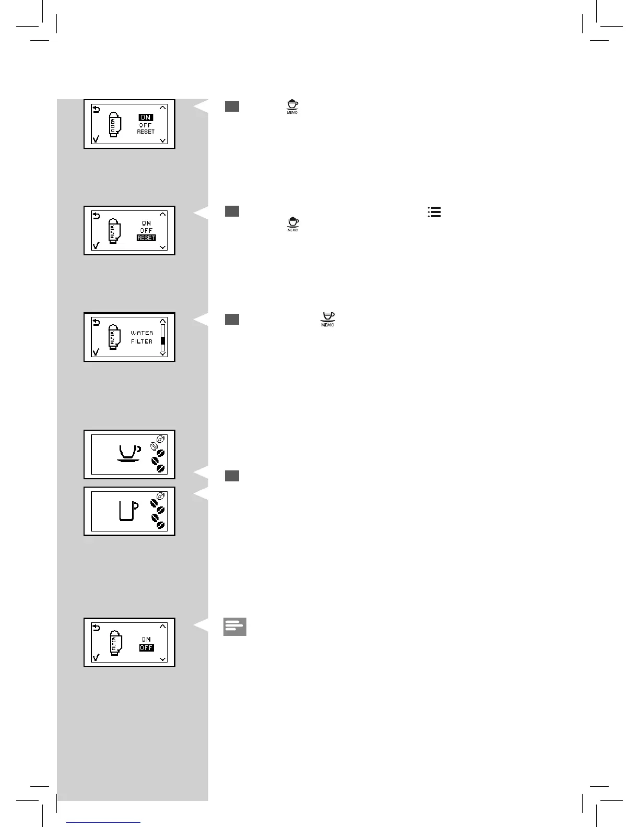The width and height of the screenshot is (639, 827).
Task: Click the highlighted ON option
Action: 146,117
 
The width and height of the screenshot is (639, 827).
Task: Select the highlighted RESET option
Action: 146,238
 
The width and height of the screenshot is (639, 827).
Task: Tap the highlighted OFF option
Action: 146,648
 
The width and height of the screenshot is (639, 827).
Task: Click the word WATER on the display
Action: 142,333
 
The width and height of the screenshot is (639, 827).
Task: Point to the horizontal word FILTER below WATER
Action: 142,341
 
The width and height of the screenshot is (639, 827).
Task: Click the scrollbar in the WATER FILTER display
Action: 163,337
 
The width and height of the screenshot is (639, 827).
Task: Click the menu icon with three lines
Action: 434,212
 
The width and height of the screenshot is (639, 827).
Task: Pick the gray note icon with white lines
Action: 235,627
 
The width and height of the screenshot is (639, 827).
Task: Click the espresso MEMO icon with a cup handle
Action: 328,319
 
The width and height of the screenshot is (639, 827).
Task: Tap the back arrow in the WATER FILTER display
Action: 96,323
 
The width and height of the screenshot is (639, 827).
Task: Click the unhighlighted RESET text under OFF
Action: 146,132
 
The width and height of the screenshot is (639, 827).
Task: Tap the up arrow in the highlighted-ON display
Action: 163,108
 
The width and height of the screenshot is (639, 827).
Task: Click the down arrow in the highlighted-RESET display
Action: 163,247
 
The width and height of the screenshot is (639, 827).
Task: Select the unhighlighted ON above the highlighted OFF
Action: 146,639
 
